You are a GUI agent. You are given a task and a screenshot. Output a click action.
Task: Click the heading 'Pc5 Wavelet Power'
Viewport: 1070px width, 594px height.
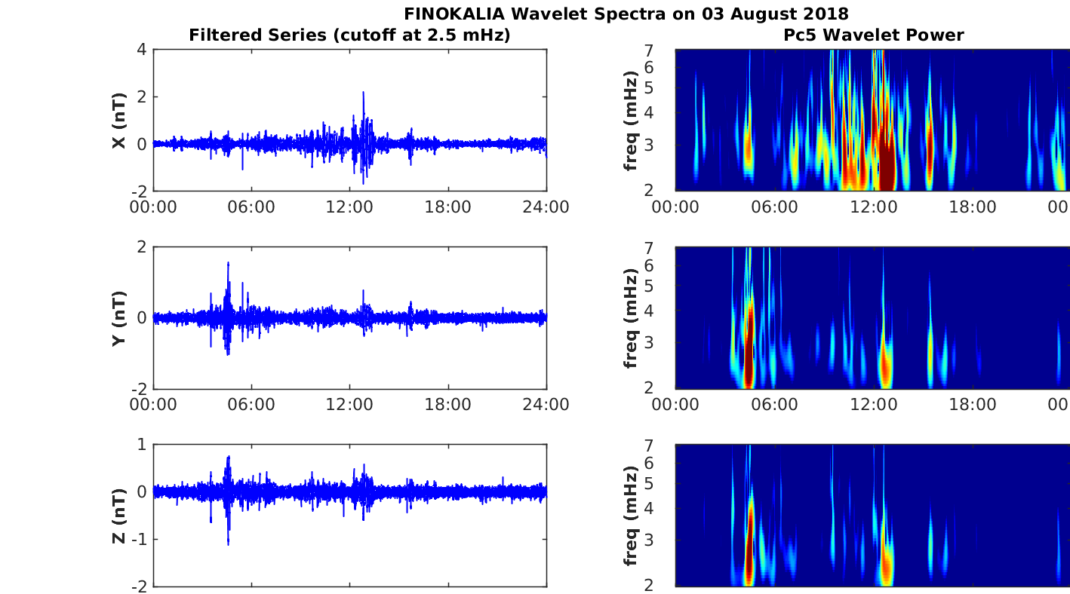point(873,35)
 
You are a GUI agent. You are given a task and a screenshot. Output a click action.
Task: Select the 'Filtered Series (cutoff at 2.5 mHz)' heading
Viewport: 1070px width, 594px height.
point(349,35)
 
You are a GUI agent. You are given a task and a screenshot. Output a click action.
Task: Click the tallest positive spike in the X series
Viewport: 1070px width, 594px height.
point(363,93)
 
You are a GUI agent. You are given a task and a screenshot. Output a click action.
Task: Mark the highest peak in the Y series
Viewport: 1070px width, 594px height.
point(228,264)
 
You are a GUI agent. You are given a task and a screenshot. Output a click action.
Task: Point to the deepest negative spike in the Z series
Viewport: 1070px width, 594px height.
point(228,543)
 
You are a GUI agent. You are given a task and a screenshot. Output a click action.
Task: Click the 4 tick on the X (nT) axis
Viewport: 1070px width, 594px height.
point(141,50)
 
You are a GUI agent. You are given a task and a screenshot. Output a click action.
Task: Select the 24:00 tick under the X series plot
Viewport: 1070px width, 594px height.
point(546,207)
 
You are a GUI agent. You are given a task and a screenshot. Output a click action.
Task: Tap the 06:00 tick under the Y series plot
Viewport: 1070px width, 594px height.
point(251,405)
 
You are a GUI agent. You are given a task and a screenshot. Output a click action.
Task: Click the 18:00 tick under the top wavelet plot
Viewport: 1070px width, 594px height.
point(972,207)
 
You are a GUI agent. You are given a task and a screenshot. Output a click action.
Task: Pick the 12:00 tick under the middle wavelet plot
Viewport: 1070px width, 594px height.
point(873,405)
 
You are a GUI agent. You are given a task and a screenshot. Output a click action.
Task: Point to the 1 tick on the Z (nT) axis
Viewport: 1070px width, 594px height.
point(141,445)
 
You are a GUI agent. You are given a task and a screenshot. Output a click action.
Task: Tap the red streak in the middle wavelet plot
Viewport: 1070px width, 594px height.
point(749,339)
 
